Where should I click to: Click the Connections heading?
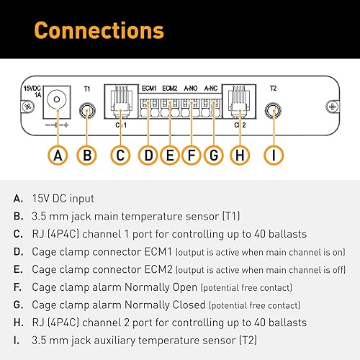point(99,31)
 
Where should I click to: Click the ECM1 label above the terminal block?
point(149,88)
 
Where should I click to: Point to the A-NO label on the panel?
point(191,88)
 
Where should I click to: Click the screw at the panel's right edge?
point(332,107)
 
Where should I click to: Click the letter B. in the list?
point(17,215)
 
